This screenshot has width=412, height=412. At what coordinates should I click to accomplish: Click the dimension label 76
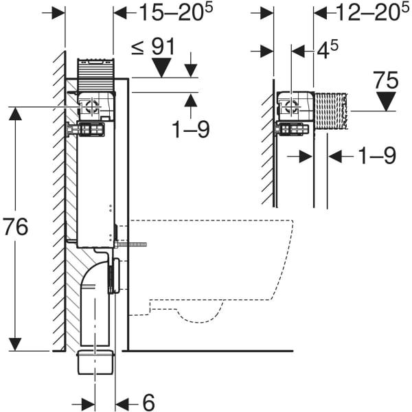click(x=16, y=227)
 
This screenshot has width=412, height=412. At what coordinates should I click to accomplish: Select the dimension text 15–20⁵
click(x=176, y=12)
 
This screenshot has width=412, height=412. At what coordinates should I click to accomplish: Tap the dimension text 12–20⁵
click(x=374, y=12)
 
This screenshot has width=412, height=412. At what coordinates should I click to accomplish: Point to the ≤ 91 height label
click(x=153, y=47)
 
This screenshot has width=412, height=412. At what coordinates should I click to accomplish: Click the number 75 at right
click(x=386, y=80)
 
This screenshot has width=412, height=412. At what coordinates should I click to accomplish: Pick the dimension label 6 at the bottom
click(x=148, y=402)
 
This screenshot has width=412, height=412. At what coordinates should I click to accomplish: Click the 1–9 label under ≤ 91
click(x=190, y=129)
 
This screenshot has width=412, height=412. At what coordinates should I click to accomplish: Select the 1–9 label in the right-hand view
click(x=377, y=156)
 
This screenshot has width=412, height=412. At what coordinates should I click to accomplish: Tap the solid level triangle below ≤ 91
click(x=161, y=67)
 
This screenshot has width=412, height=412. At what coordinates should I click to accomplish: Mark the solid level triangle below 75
click(x=386, y=102)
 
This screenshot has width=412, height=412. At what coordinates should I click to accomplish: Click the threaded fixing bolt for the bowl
click(x=130, y=244)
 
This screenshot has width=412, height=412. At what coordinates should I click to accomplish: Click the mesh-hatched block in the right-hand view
click(x=332, y=111)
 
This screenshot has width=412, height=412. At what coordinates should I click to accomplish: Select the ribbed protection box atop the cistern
click(x=95, y=74)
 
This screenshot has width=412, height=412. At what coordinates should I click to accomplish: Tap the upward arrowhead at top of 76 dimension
click(x=15, y=114)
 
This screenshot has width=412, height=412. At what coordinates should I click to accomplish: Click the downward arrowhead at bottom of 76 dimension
click(x=15, y=344)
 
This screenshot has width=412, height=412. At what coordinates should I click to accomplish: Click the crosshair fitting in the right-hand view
click(x=291, y=106)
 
